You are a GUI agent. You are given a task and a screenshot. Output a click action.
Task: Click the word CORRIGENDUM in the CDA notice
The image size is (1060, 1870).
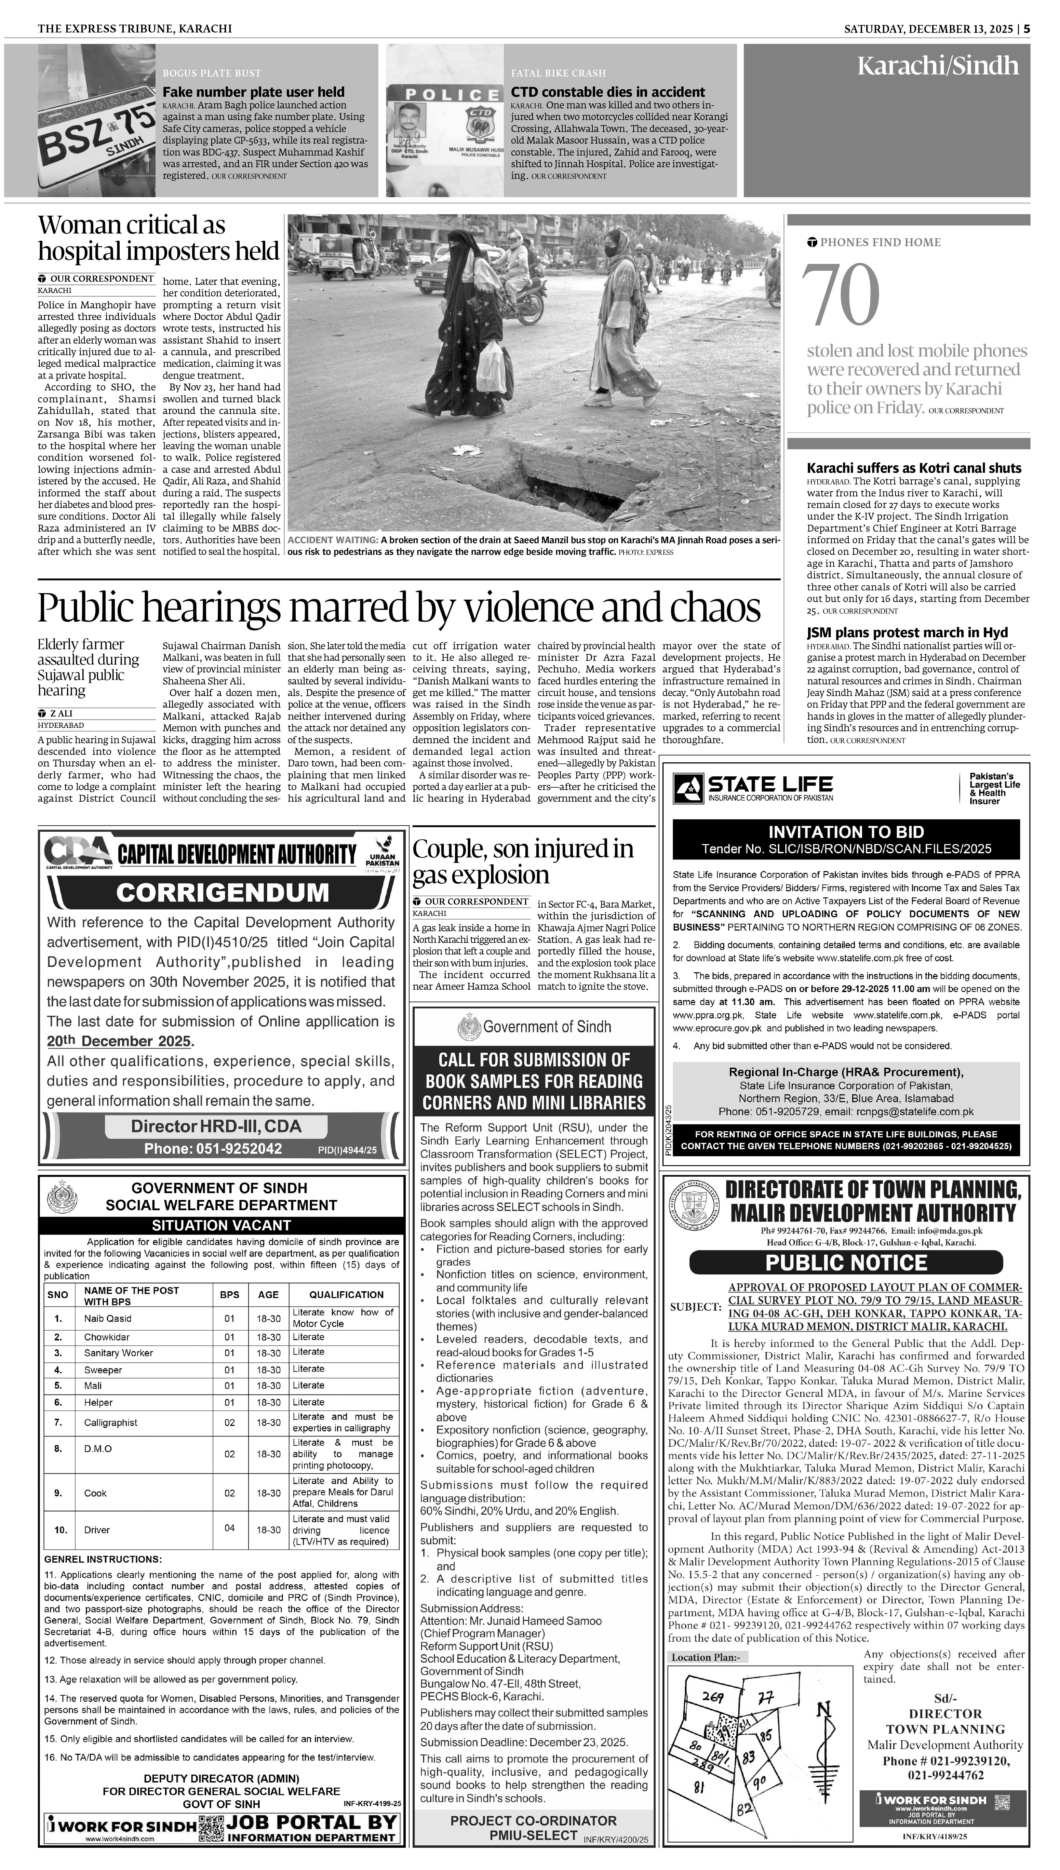click(x=222, y=892)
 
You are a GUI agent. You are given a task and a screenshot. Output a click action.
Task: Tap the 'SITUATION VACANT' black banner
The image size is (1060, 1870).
click(x=221, y=1225)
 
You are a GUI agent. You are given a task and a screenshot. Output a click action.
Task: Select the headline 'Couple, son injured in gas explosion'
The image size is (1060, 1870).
click(x=523, y=862)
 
